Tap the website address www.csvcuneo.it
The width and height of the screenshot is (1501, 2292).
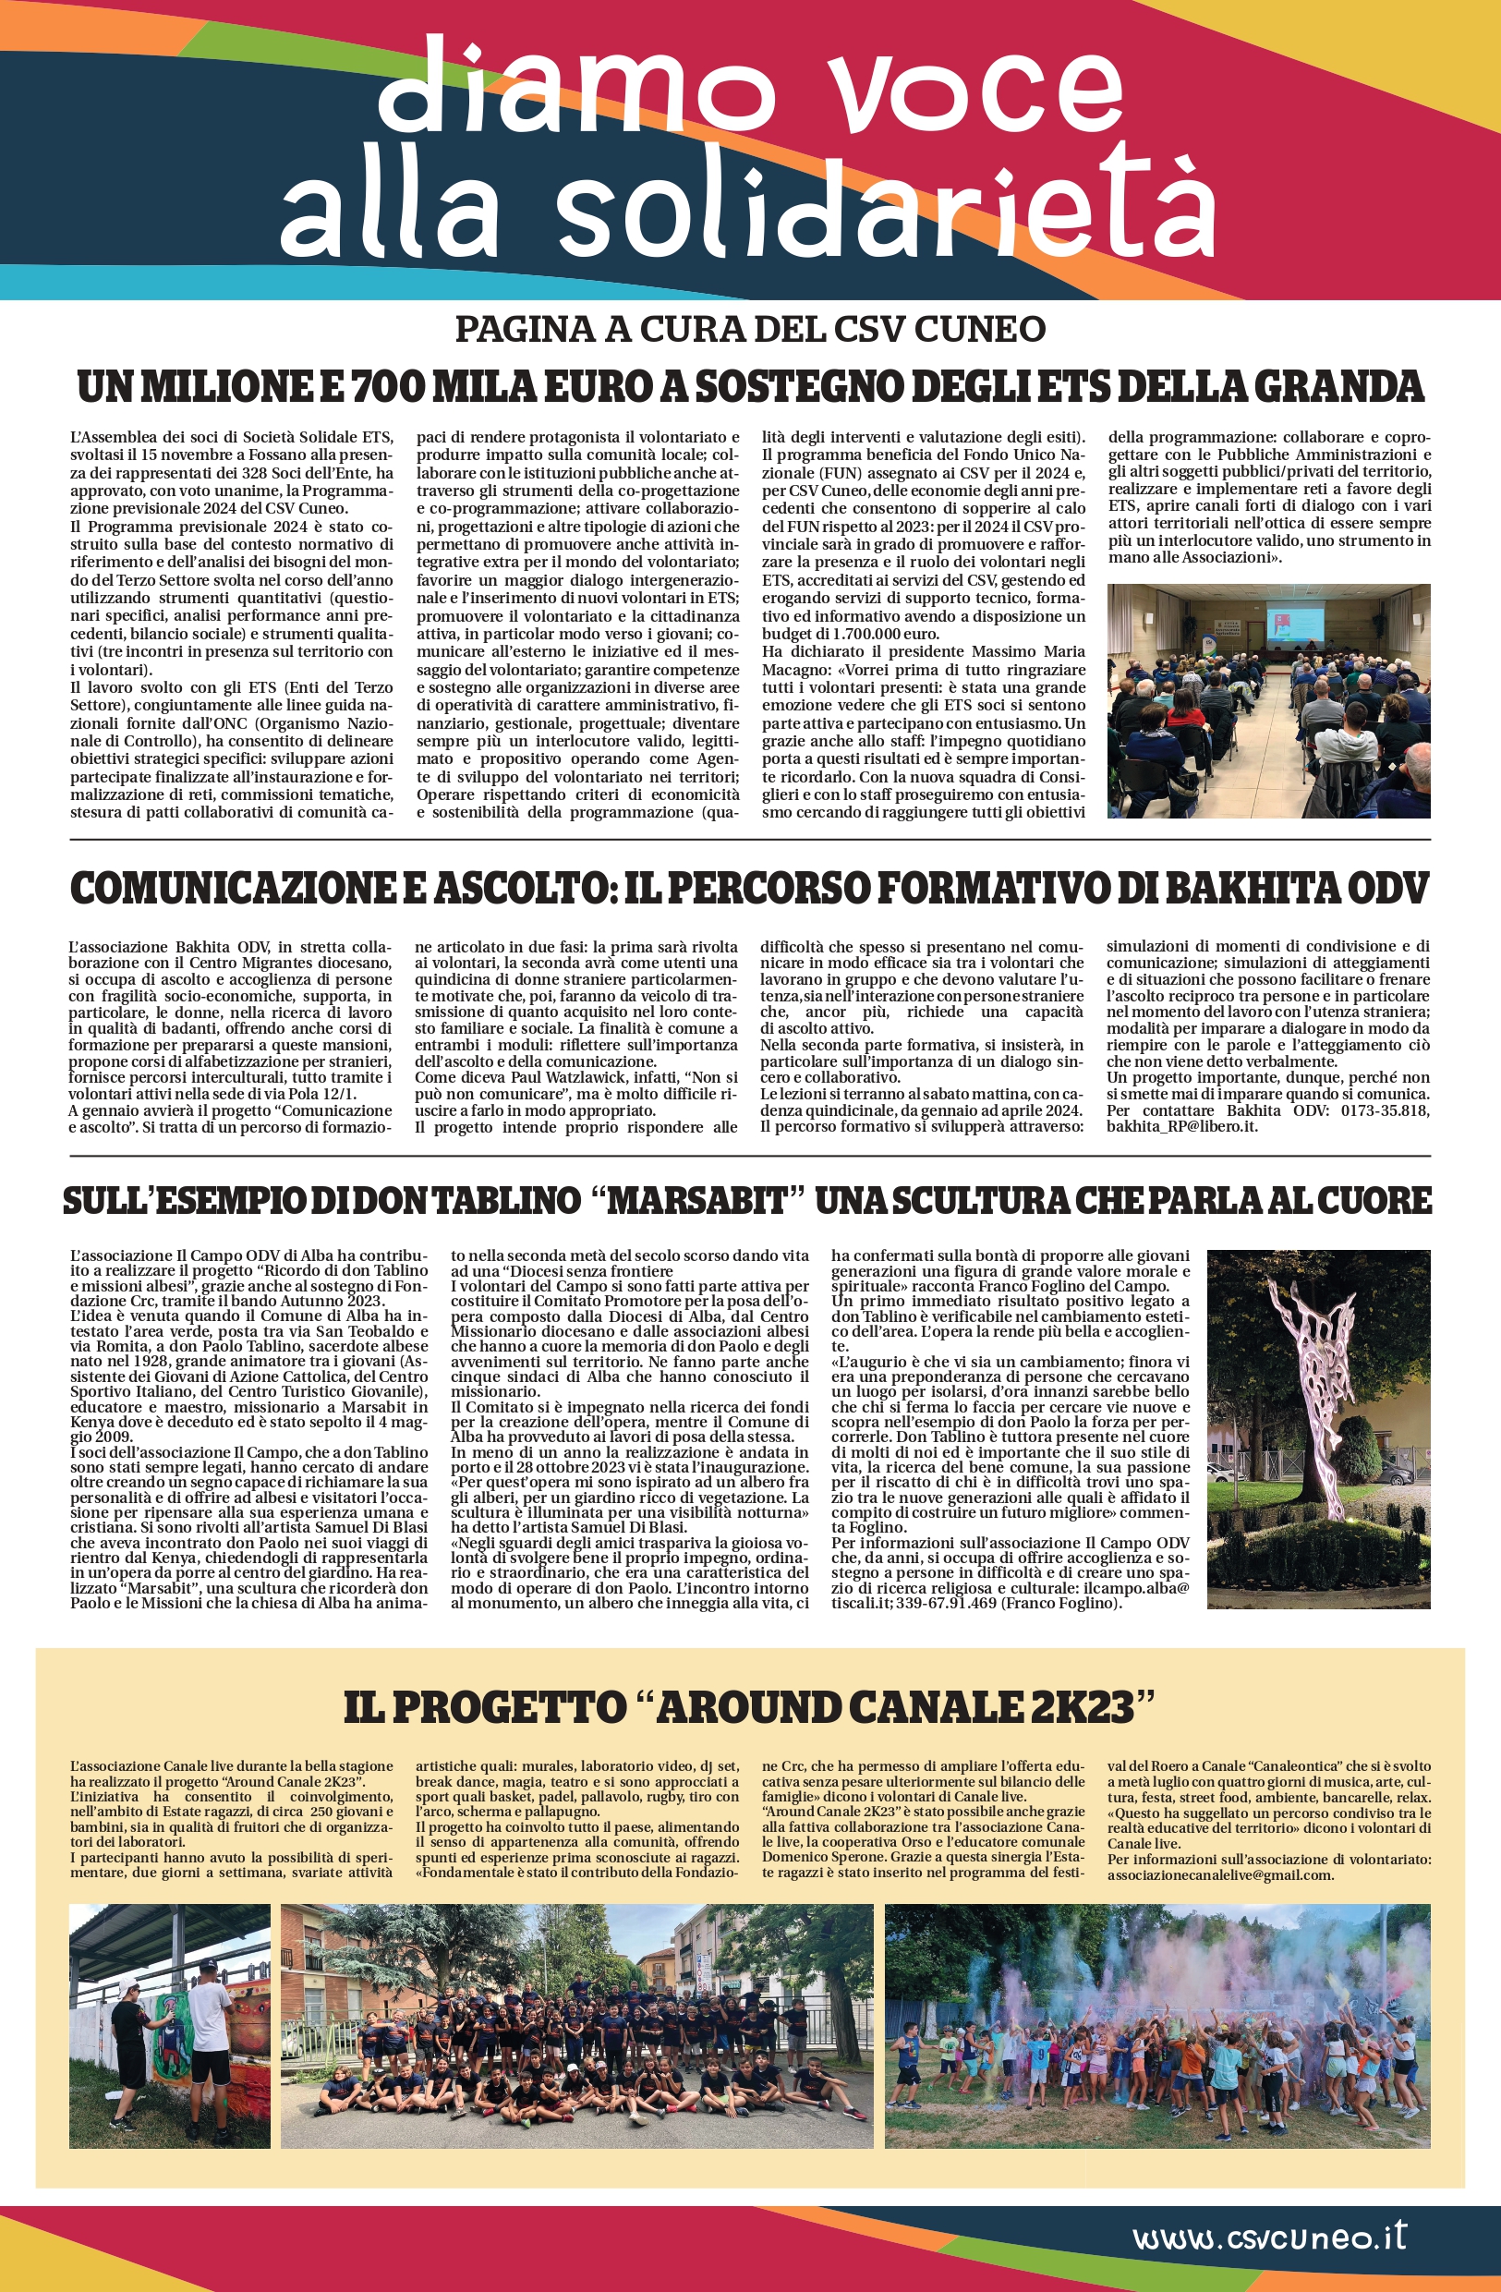(1269, 2237)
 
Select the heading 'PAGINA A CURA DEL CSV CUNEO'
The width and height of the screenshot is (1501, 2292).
(750, 330)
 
